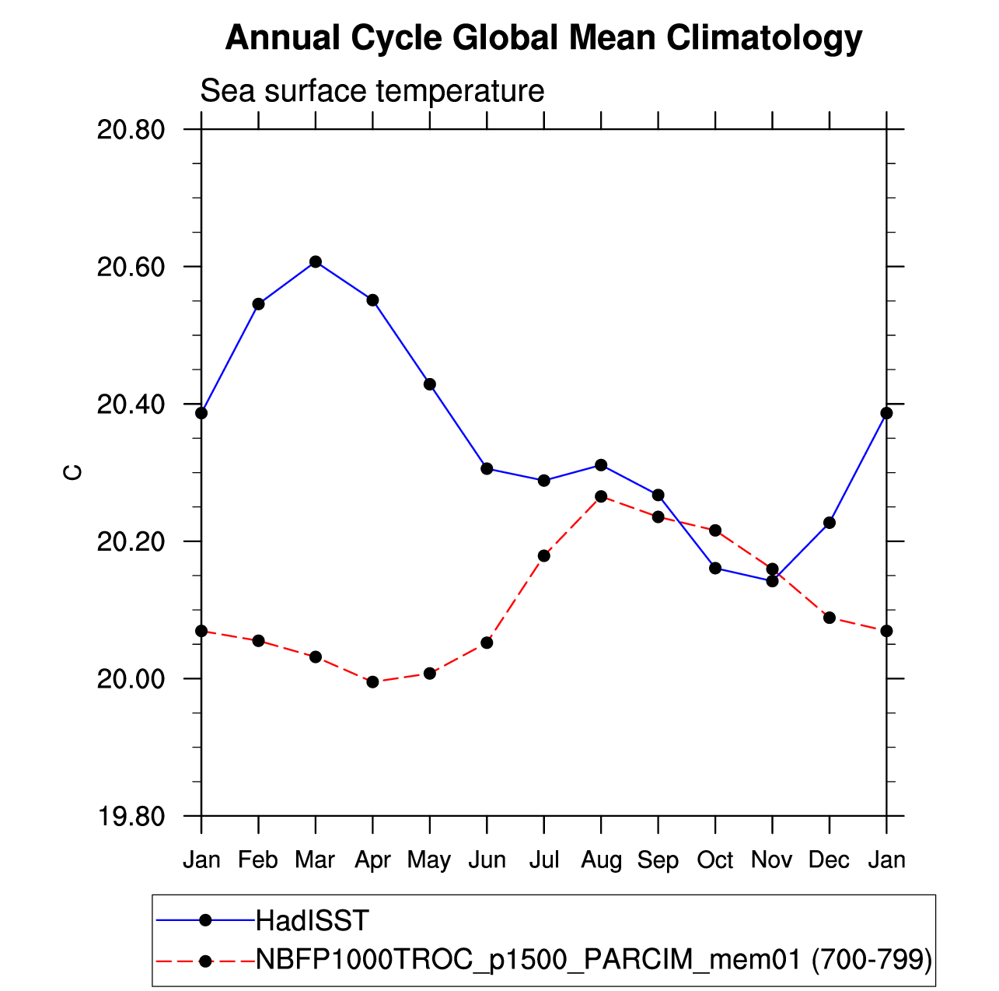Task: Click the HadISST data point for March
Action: pos(316,261)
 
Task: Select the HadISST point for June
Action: pos(487,468)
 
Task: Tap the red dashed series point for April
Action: pos(372,682)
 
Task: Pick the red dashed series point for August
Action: pos(601,496)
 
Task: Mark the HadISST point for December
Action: pos(830,523)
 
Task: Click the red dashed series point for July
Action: pos(544,555)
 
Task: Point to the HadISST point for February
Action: pos(258,303)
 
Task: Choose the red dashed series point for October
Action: pos(715,531)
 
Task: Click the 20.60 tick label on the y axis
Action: pos(131,267)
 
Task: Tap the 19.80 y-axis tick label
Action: pos(131,816)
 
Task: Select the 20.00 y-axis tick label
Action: pos(131,679)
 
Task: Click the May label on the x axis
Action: pos(429,860)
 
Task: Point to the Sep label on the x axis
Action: pos(658,860)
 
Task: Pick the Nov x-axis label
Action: pos(772,860)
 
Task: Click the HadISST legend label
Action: pos(313,921)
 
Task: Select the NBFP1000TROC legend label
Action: pos(594,960)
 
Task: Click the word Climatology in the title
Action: pos(764,37)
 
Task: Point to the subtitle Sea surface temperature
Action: pos(372,91)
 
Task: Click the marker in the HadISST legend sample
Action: pos(206,920)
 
